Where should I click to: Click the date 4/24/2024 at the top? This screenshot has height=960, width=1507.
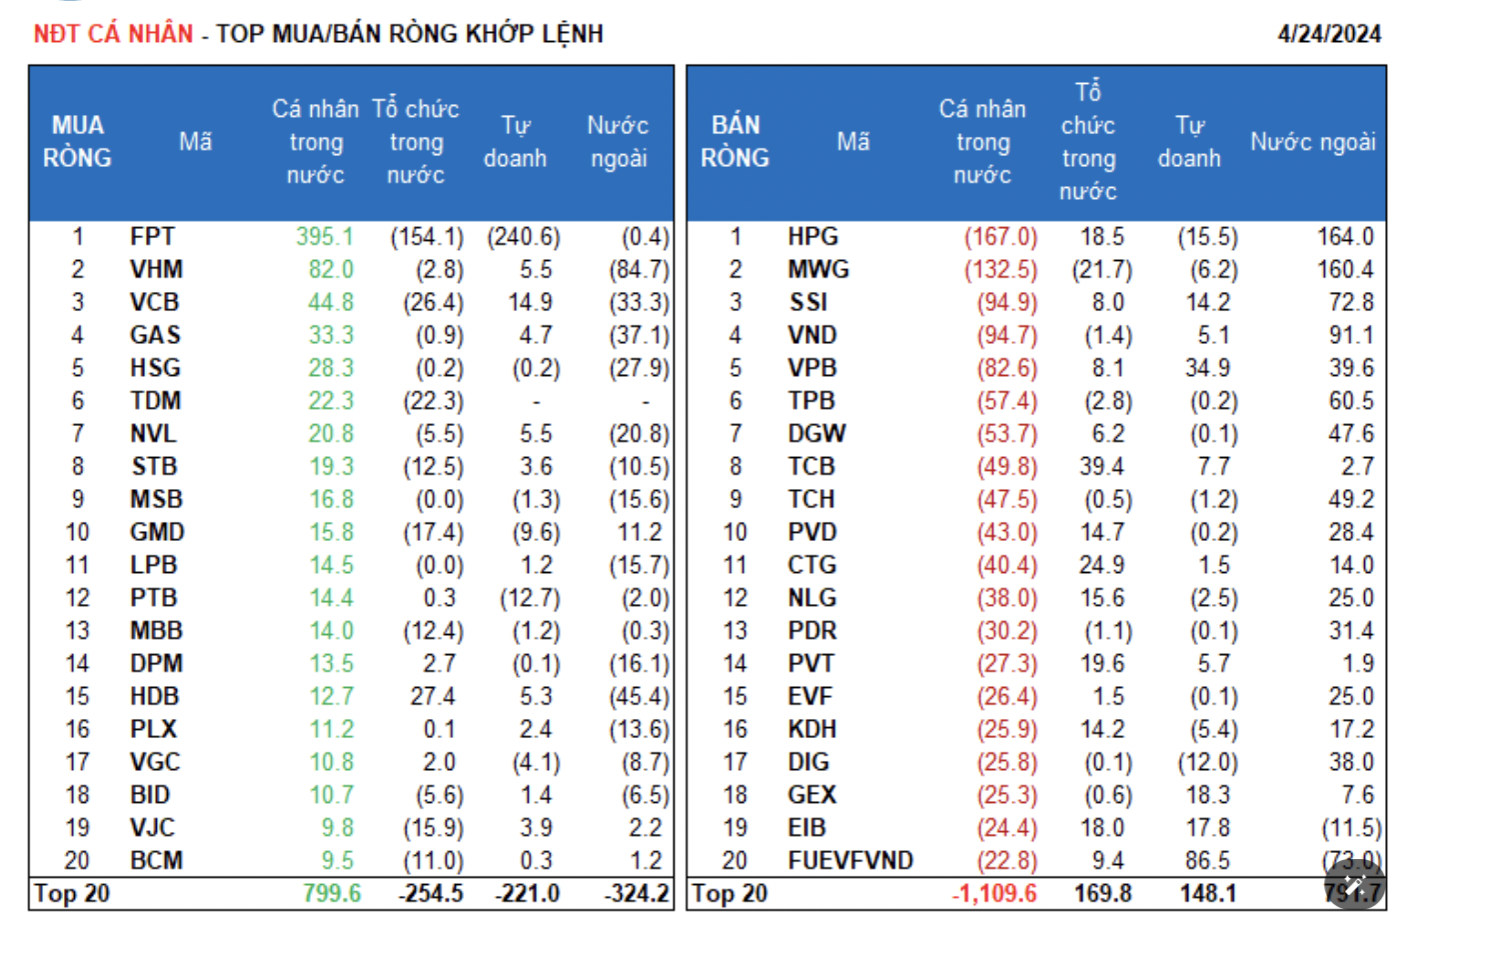tap(1328, 34)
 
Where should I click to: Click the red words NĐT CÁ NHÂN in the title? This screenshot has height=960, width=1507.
tap(113, 34)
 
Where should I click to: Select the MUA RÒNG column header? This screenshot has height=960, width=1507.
tap(77, 142)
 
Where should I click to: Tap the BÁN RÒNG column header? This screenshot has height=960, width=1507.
tap(735, 142)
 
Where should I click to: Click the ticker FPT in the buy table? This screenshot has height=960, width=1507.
tap(152, 237)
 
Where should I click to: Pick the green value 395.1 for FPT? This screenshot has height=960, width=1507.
tap(325, 237)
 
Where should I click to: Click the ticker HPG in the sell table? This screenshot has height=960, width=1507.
tap(812, 237)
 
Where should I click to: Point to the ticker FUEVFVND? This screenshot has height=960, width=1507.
tap(849, 861)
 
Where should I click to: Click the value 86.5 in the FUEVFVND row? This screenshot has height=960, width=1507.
tap(1207, 861)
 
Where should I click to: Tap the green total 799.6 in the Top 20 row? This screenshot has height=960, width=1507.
tap(332, 894)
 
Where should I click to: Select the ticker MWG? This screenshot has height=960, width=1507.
tap(817, 270)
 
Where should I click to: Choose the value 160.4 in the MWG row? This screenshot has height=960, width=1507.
tap(1345, 270)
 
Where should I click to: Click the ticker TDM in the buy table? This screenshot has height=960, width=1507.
tap(155, 401)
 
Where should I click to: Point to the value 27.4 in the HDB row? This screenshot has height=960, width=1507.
tap(433, 697)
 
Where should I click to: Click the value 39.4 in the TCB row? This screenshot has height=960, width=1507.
tap(1102, 467)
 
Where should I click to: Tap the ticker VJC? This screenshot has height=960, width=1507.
tap(152, 828)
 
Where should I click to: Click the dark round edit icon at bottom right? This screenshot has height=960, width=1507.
tap(1356, 884)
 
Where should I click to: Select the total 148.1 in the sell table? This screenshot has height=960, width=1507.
tap(1207, 894)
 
